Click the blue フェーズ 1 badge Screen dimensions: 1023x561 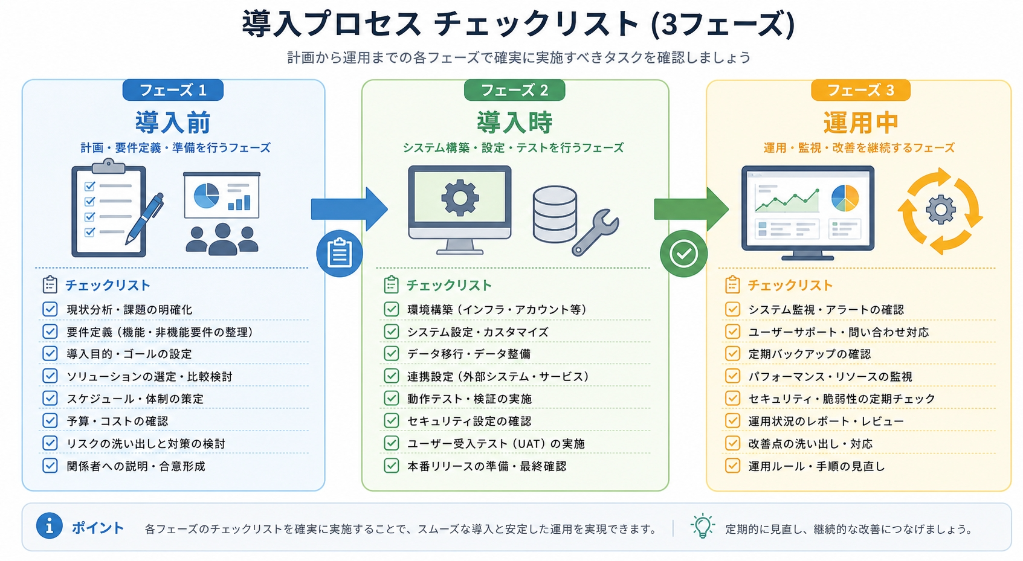[173, 90]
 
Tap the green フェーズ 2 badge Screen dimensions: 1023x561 [515, 90]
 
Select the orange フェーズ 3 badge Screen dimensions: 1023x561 [860, 90]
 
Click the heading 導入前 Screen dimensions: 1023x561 [173, 123]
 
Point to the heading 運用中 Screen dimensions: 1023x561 [861, 123]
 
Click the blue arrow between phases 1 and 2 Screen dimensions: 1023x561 [349, 210]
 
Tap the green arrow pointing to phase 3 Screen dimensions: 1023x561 [691, 210]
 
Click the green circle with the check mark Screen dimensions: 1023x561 [683, 254]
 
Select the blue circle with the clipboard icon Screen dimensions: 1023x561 [340, 254]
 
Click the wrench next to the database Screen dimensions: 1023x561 [596, 232]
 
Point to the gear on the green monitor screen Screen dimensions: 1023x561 [460, 197]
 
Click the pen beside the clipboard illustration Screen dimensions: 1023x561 [144, 219]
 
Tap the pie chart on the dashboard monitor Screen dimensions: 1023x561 [845, 197]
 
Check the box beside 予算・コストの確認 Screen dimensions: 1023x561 [50, 420]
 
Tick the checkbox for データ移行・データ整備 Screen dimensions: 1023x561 [392, 353]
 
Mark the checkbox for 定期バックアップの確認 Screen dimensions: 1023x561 [732, 353]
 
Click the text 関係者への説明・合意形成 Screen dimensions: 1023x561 [136, 466]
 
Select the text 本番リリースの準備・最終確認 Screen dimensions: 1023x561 [487, 466]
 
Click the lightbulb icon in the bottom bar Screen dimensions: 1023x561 [702, 527]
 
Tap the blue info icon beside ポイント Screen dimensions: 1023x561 [50, 526]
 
